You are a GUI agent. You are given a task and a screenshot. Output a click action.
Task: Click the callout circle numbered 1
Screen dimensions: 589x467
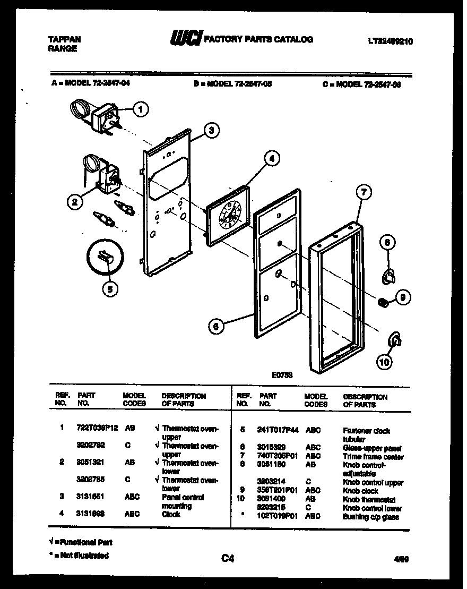[140, 109]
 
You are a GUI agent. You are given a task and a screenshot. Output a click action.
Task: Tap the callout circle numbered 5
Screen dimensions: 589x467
[110, 289]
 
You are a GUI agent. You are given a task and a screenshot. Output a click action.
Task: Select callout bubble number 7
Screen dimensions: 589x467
[363, 193]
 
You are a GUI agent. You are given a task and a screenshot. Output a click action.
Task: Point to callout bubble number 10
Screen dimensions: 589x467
[384, 362]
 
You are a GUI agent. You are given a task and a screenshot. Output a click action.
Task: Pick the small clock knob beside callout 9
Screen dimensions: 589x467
[382, 302]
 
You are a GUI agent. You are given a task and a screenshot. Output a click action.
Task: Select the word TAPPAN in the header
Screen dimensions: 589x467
[64, 39]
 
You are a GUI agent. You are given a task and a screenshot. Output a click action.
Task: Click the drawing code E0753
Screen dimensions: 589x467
[282, 375]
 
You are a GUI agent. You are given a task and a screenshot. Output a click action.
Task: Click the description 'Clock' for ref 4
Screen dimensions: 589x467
[171, 514]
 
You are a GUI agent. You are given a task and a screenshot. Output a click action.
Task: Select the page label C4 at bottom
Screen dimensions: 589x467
[228, 558]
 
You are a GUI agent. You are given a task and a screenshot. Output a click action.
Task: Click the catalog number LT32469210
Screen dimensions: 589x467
[390, 40]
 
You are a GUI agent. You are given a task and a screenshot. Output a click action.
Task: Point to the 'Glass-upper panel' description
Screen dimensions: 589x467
[372, 448]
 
